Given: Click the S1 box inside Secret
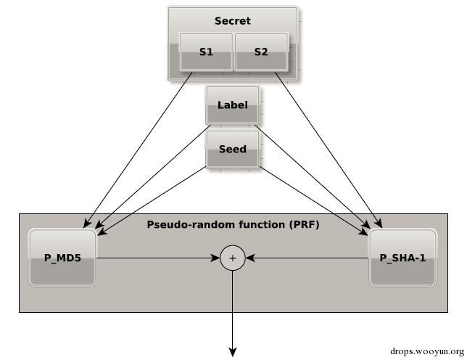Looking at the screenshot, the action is pos(206,52).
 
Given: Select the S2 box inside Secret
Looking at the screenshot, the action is pos(262,52).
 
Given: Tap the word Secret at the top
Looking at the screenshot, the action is pos(233,21).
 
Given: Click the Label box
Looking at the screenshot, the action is pos(233,105).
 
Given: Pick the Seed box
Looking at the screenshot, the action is pos(233,150).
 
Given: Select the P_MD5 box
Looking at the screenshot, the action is pos(62,258).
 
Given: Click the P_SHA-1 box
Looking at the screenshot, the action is pos(402,258).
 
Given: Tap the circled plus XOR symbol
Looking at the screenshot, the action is pos(233,258).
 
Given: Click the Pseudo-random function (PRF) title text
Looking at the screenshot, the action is pos(233,224).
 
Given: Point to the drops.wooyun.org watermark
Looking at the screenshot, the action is pos(427,351).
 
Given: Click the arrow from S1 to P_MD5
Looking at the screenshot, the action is pos(139,150).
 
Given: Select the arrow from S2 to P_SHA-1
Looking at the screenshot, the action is pos(328,150).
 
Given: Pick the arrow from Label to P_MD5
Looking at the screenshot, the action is pos(153,176).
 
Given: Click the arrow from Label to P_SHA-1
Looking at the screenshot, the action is pos(313,176).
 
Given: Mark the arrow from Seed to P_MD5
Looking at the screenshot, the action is pos(152,201).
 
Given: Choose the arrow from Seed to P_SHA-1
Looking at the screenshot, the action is pos(313,201).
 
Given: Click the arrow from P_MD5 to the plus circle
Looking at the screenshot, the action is pos(158,258).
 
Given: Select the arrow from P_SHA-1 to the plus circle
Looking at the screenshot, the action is pos(307,258).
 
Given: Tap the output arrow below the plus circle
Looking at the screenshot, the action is pos(233,314).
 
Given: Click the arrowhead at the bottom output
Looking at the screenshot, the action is pos(233,352).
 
